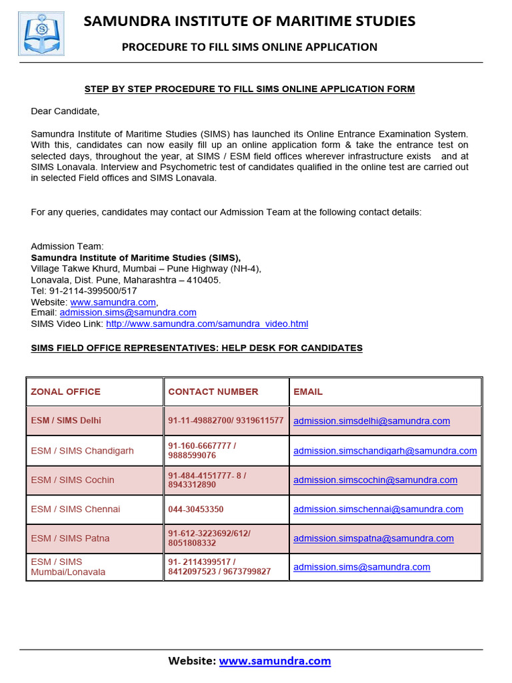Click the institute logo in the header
pos(41,33)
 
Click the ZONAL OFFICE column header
pos(65,392)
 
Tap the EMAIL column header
pos(307,392)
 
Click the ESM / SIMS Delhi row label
pos(66,421)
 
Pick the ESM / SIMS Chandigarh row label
pos(82,450)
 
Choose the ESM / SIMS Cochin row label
pos(72,480)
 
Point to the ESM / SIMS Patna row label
pos(70,538)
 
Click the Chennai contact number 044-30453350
pos(195,509)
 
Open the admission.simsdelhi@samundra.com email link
pos(371,421)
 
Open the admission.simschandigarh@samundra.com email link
pos(385,450)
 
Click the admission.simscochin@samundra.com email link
pos(375,480)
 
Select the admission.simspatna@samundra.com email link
pos(373,538)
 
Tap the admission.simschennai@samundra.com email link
pos(378,509)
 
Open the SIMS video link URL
pos(207,323)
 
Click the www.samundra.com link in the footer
pos(275,661)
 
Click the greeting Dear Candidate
pos(65,111)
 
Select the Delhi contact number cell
pos(225,421)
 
